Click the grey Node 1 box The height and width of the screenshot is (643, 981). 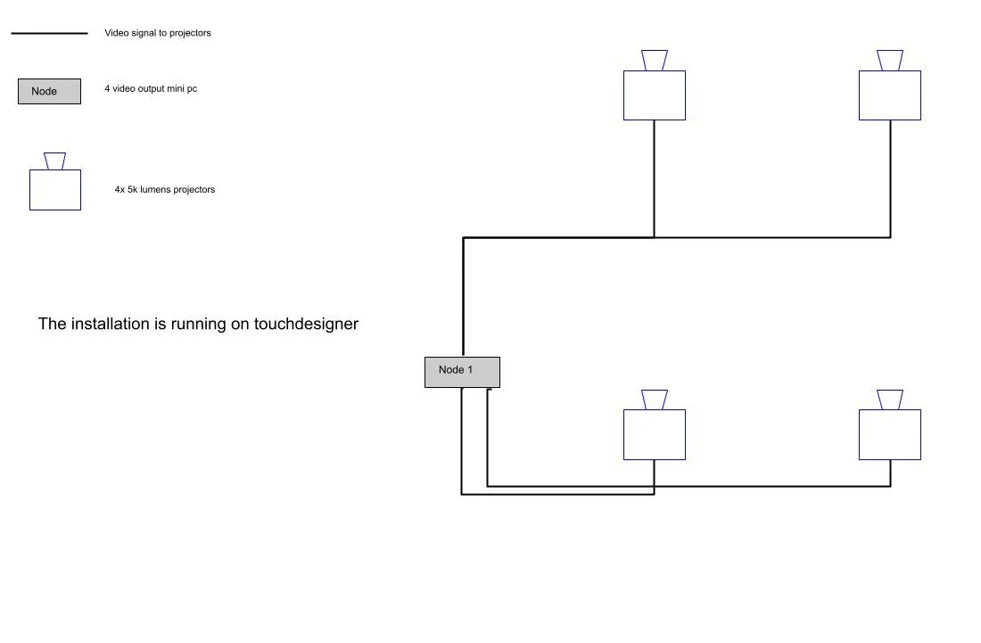click(462, 372)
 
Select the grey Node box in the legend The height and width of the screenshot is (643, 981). click(49, 91)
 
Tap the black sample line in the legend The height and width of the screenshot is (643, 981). click(49, 33)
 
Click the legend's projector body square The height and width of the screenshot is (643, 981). click(55, 190)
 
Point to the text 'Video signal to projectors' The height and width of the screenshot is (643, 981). click(158, 33)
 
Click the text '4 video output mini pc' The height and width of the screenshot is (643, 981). click(151, 88)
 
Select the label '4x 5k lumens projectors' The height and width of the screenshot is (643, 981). click(165, 189)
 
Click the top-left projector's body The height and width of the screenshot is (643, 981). click(655, 95)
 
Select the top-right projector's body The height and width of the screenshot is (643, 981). click(890, 95)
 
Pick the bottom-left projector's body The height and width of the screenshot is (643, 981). click(655, 434)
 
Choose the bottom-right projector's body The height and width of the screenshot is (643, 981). click(890, 434)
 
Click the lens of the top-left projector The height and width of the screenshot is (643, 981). click(655, 61)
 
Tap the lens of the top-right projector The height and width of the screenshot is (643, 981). click(890, 61)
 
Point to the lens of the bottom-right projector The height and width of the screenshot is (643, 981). click(890, 400)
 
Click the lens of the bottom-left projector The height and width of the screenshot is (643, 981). click(655, 400)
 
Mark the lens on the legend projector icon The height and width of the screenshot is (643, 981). click(55, 161)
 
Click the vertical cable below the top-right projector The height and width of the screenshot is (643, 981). click(890, 178)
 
